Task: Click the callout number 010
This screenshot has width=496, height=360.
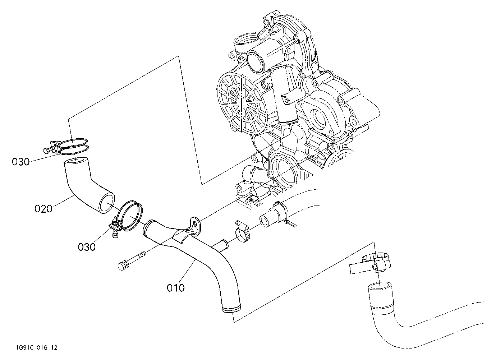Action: coord(176,288)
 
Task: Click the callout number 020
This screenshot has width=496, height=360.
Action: coord(43,209)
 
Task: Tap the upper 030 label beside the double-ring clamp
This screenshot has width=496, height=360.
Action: coord(20,162)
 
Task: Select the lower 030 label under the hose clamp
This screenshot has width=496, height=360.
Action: coord(87,247)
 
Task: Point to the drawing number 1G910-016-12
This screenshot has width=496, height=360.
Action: coord(37,348)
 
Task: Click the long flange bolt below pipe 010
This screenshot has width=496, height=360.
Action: coord(132,261)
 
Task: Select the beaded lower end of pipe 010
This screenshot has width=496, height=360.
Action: coord(231,309)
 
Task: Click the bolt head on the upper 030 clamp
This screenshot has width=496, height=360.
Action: coord(46,151)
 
